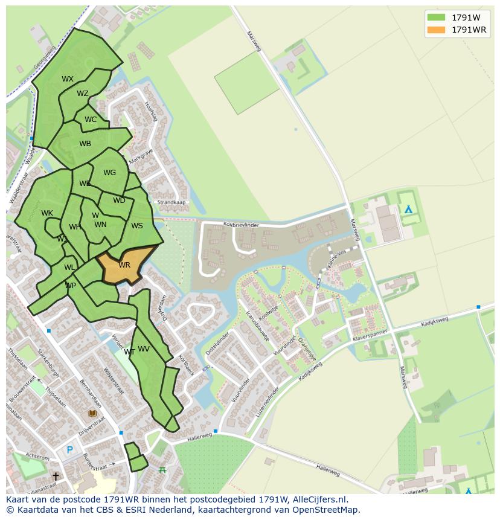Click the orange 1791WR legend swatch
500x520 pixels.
435,30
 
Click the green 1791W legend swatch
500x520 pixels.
435,17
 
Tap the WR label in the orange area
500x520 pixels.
124,265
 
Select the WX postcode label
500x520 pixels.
68,79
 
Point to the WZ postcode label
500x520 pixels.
83,94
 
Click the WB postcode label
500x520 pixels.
85,144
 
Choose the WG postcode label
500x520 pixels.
109,173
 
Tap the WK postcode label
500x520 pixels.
47,213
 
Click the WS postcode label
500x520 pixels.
137,226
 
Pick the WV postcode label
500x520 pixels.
144,349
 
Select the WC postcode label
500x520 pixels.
91,120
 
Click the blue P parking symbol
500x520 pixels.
70,450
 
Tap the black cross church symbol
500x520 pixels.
56,477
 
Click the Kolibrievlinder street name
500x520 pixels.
241,225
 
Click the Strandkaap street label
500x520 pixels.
171,202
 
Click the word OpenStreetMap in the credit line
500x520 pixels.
327,510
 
